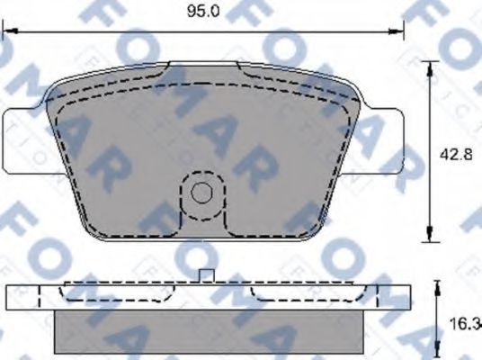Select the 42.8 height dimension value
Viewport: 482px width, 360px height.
point(455,152)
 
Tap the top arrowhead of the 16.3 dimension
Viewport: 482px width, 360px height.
point(438,285)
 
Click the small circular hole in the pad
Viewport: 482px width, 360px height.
point(202,192)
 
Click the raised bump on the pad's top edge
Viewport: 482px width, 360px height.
point(202,67)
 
